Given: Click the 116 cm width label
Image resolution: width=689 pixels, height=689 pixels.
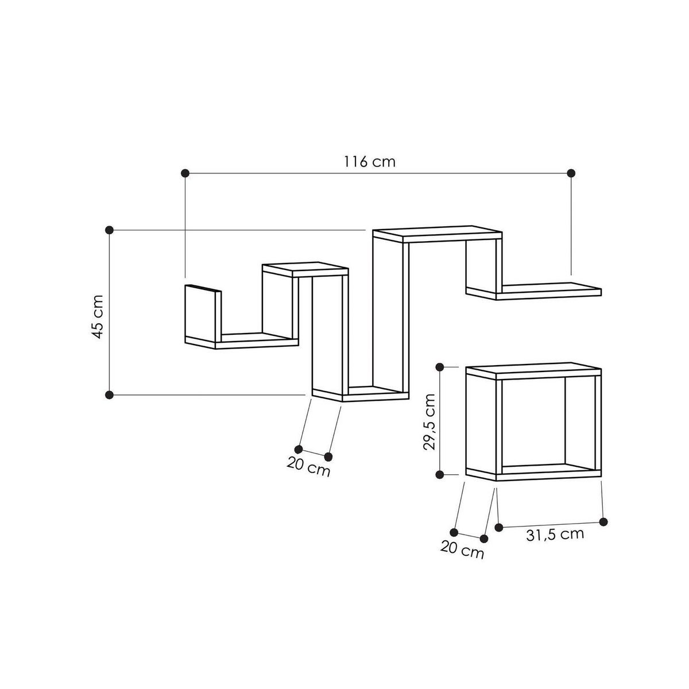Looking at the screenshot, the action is pos(369,161).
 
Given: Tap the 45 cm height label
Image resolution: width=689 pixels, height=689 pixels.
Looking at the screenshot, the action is pos(97,317).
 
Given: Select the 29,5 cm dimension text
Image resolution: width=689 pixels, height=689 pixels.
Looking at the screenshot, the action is pos(429,421).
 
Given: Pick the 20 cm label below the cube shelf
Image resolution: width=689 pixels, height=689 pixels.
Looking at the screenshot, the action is pos(462,549).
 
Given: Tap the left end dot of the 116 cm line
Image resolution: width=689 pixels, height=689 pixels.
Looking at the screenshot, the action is pos(185,173).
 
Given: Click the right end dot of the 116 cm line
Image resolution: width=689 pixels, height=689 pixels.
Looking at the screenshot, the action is pos(571,173).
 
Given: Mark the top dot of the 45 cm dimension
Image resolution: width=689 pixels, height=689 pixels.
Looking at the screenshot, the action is pos(110,230).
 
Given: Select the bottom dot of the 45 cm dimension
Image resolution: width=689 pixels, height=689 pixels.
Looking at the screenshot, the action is pos(110,394).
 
